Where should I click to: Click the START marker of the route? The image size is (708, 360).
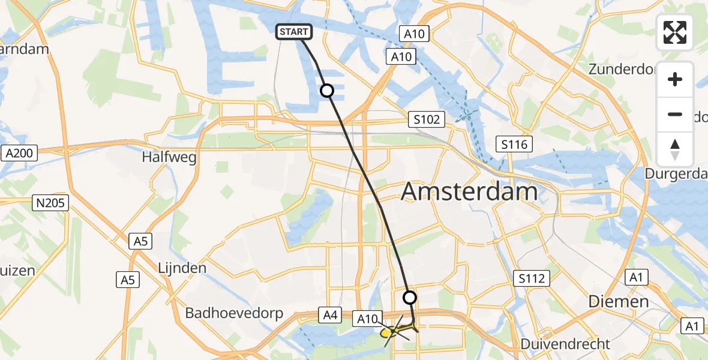(x=293, y=32)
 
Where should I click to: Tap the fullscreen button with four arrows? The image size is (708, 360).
(x=675, y=32)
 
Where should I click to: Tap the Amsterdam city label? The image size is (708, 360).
(x=469, y=192)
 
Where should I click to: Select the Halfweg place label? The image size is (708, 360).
(x=169, y=157)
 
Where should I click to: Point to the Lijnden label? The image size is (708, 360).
(x=182, y=268)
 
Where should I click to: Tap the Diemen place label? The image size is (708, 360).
(x=619, y=301)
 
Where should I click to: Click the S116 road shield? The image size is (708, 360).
(x=514, y=143)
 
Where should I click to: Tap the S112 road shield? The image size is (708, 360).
(x=532, y=278)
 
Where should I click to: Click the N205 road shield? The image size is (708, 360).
(x=51, y=203)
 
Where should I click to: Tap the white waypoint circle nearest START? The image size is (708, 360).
(x=326, y=91)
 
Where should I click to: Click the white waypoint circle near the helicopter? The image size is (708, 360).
(x=409, y=297)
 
